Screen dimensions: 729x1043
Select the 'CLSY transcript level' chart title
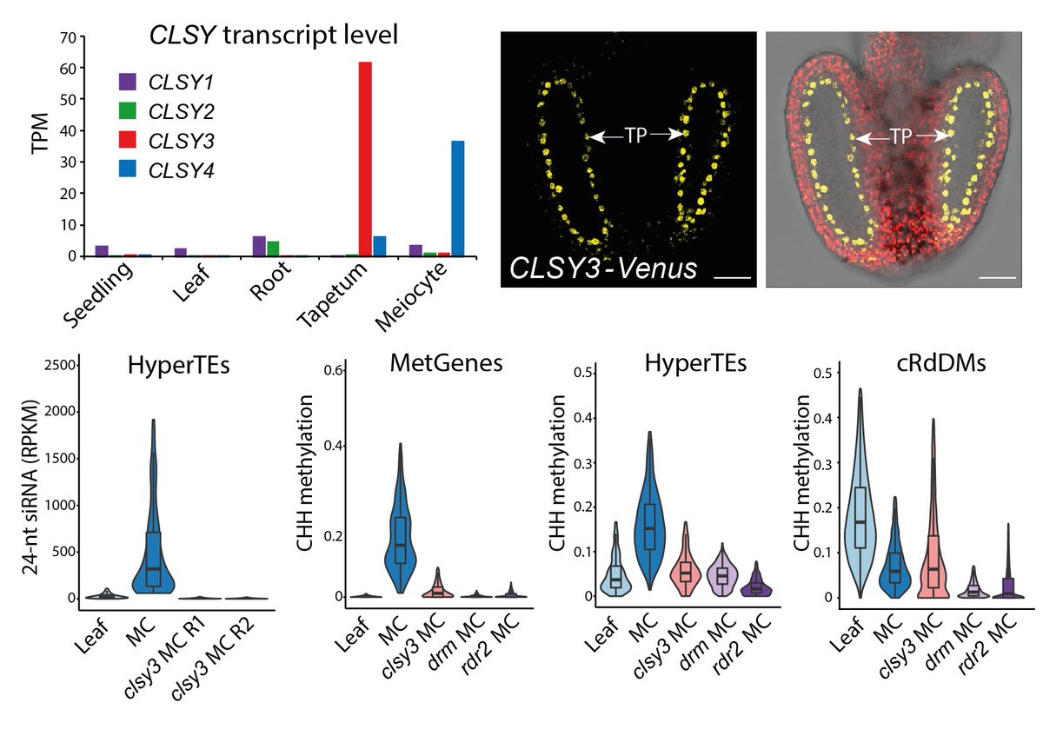(x=274, y=36)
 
